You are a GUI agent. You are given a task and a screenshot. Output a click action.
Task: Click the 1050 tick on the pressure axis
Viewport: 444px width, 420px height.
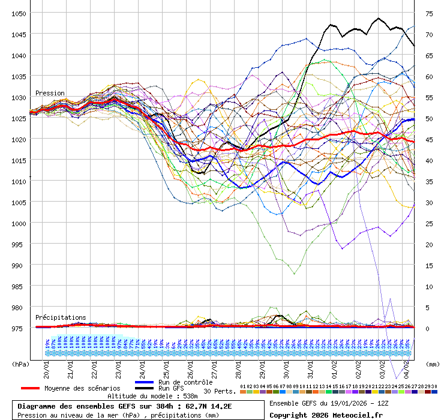[19, 13]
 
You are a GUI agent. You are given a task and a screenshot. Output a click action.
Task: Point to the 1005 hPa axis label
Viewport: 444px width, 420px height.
[19, 202]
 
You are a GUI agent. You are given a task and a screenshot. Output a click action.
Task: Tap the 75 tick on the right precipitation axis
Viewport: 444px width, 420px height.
[429, 13]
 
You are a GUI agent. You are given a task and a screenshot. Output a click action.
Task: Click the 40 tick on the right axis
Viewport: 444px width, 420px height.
[429, 160]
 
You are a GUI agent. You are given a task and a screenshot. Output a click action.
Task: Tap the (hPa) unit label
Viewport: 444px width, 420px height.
[20, 364]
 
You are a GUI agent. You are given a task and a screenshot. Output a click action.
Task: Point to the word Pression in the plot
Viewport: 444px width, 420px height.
[50, 93]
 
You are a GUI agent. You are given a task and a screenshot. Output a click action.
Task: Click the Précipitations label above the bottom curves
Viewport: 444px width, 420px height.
[61, 317]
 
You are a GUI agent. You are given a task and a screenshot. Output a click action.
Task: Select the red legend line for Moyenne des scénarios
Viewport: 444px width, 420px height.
[29, 388]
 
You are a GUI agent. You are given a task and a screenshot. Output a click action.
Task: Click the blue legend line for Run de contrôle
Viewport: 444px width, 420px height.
[144, 382]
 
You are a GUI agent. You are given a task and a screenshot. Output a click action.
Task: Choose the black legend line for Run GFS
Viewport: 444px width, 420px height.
[144, 388]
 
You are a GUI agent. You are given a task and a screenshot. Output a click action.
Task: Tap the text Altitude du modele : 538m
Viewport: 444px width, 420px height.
[152, 396]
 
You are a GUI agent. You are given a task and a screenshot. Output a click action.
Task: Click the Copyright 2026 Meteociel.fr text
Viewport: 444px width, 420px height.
[326, 415]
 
